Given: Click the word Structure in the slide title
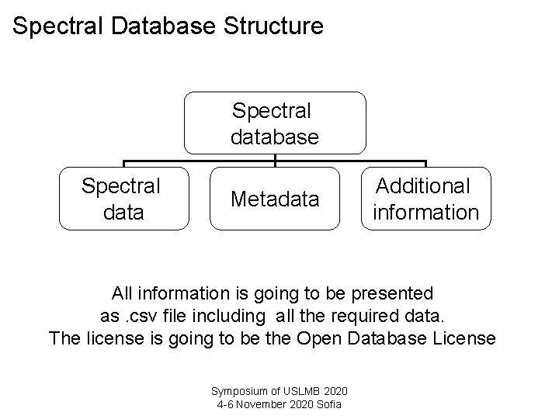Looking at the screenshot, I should [x=273, y=26].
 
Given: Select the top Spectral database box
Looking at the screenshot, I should [x=275, y=123].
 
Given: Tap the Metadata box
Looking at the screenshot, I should [x=275, y=199].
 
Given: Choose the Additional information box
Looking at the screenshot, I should [x=425, y=199].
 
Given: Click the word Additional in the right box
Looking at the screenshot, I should [x=423, y=186].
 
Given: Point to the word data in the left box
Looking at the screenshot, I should [x=123, y=212].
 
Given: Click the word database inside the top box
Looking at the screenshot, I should [x=275, y=137].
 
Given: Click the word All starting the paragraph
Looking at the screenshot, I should [x=122, y=294].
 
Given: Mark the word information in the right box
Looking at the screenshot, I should [x=425, y=212].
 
